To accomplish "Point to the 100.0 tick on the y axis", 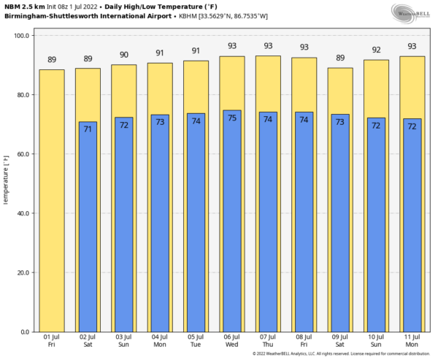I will click(22, 36).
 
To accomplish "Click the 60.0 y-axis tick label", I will click(22, 154).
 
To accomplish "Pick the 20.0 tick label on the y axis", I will click(22, 272).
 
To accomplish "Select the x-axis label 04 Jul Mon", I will click(160, 340).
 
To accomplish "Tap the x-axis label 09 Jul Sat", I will click(340, 340).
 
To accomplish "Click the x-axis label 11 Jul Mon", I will click(412, 340).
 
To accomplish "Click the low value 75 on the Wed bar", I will click(232, 118).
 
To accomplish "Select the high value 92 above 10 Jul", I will click(376, 50).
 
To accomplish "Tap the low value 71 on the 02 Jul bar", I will click(88, 129).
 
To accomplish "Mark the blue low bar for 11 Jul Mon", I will click(412, 226).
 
